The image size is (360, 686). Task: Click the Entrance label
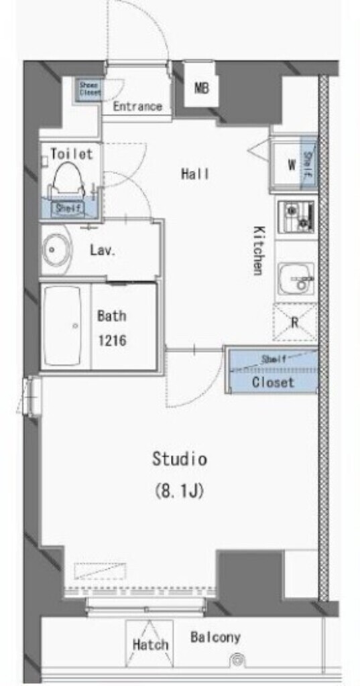(x=137, y=106)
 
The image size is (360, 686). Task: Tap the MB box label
(x=200, y=88)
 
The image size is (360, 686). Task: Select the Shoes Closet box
(x=89, y=89)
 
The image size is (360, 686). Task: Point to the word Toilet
(x=71, y=154)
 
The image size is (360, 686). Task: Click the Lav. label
(x=104, y=252)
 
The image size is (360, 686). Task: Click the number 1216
(x=111, y=340)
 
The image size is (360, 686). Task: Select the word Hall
(x=195, y=174)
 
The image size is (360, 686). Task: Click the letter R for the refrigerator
(x=294, y=322)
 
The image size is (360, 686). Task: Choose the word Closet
(x=273, y=383)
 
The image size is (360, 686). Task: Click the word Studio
(x=179, y=460)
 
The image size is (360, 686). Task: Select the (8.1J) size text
(x=179, y=490)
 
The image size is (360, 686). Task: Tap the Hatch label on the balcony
(x=150, y=645)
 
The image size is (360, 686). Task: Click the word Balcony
(x=215, y=637)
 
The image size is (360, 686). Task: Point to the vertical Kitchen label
(x=258, y=250)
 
